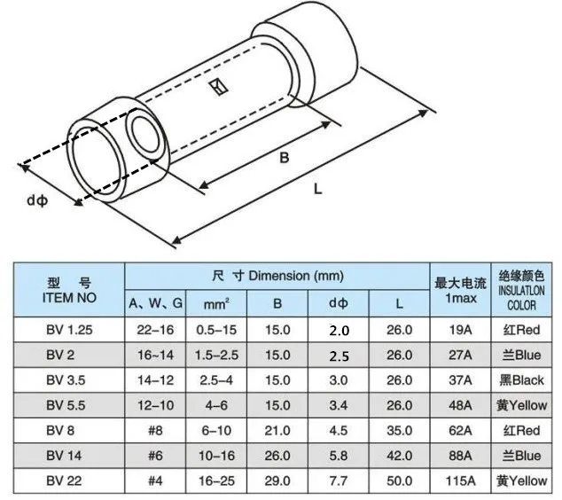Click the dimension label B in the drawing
(x=284, y=158)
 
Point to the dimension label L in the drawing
(x=318, y=189)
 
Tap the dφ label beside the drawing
(x=37, y=200)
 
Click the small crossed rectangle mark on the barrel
(x=219, y=87)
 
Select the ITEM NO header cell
(x=69, y=290)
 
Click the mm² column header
(x=216, y=304)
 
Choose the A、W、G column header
(x=155, y=303)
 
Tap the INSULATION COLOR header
(x=521, y=290)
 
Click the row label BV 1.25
(x=69, y=330)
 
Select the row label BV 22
(x=64, y=480)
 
